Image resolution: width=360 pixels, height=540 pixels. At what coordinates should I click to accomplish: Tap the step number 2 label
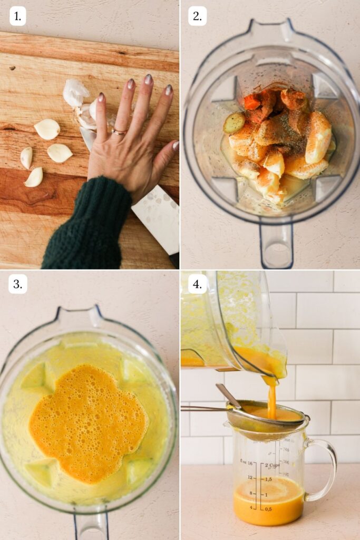[197, 16]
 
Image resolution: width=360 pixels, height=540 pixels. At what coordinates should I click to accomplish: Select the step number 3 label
[17, 284]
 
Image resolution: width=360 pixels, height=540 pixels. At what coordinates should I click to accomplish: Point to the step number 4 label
[197, 284]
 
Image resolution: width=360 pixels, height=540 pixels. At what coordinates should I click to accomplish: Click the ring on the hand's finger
[119, 131]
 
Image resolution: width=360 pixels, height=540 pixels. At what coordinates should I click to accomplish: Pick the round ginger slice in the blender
[233, 122]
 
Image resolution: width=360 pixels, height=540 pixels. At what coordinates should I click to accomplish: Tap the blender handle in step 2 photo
[276, 245]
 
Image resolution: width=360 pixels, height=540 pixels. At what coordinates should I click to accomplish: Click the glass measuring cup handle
[323, 469]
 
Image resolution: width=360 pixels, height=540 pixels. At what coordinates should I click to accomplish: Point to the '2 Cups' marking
[273, 465]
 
